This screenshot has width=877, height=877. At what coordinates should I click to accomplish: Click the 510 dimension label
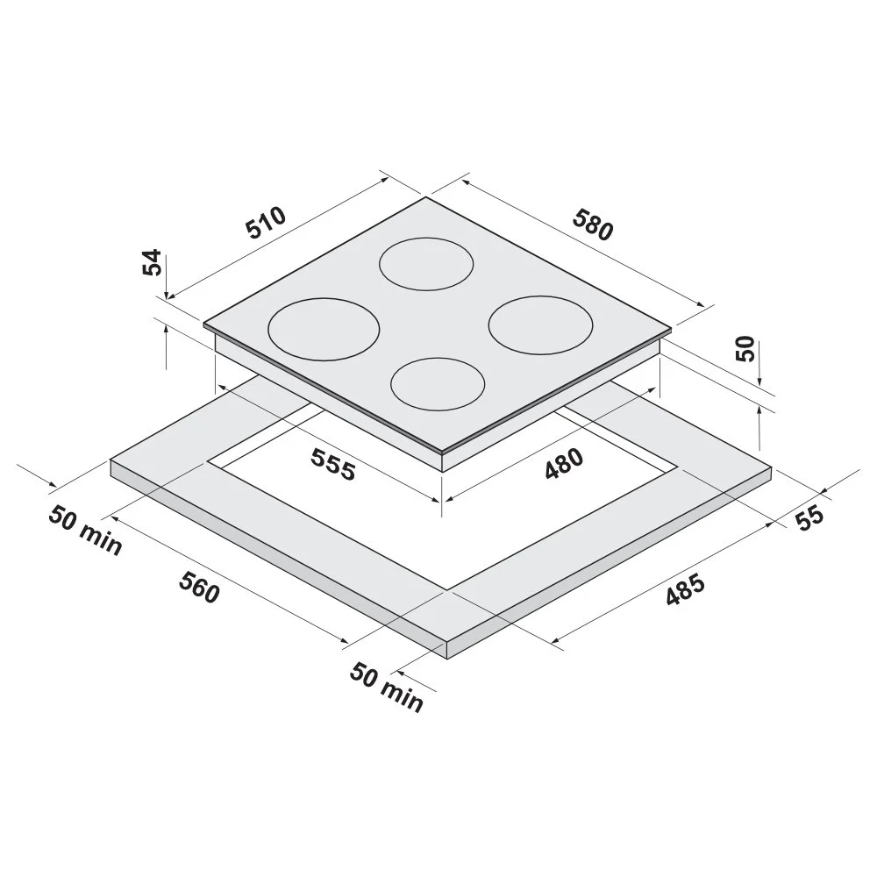(x=267, y=223)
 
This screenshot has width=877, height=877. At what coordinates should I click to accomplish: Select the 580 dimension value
(x=593, y=225)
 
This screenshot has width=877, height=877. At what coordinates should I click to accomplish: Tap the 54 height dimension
(x=152, y=262)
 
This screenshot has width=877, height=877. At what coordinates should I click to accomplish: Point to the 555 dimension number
(x=333, y=464)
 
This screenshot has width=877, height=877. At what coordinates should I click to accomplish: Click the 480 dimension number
(x=564, y=464)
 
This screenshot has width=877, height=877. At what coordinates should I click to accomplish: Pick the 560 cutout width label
(x=199, y=588)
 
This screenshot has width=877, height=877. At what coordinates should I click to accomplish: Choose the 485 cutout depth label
(x=685, y=590)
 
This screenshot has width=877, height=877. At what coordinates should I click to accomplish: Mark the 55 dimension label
(x=809, y=517)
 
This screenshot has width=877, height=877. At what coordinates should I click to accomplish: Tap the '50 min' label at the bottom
(x=387, y=688)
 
